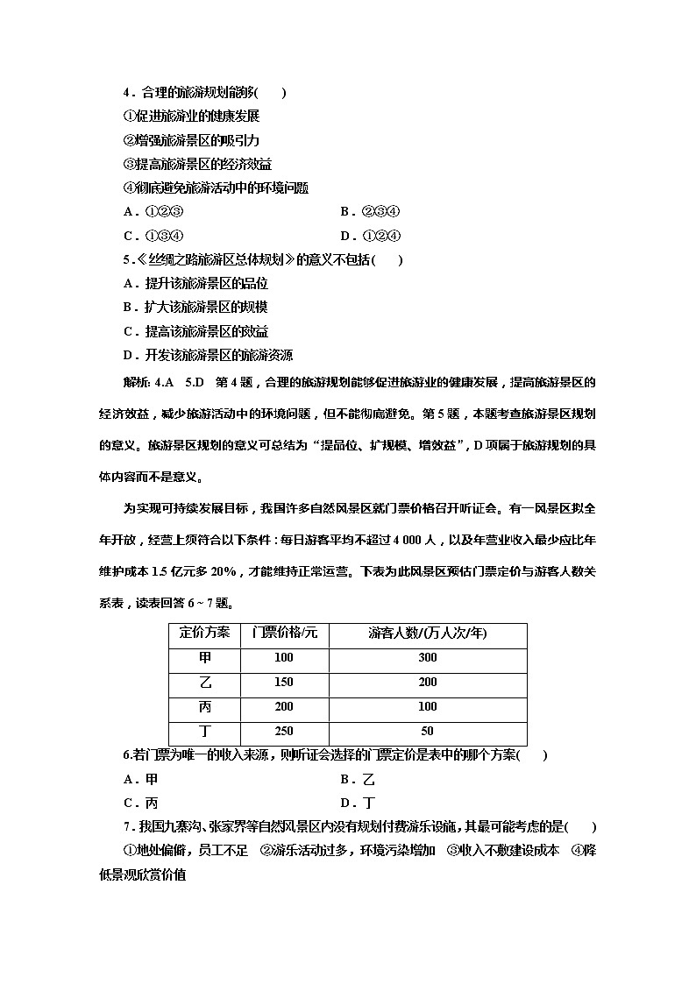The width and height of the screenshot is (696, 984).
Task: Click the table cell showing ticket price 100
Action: [283, 658]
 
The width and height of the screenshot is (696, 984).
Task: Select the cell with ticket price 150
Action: [283, 683]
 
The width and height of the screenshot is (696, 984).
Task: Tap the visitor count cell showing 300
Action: [427, 658]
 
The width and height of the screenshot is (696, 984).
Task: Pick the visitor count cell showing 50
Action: [427, 732]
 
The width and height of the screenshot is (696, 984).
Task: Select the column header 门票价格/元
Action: [283, 633]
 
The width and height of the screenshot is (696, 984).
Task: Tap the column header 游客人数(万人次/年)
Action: [427, 633]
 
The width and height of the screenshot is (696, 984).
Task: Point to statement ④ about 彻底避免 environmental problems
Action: [216, 188]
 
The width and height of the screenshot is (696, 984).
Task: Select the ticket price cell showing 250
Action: [283, 732]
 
